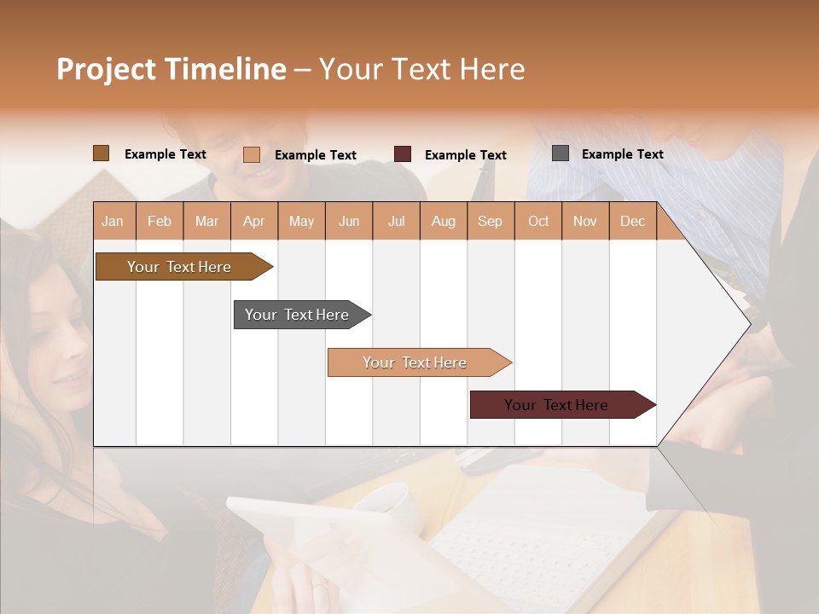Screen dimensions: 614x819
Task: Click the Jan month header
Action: (113, 221)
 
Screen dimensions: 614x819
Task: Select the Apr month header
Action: (253, 221)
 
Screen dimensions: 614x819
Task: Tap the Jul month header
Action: (396, 221)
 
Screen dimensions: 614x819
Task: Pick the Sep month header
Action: (490, 221)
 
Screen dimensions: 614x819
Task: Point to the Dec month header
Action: (632, 221)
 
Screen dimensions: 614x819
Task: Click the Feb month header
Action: (160, 221)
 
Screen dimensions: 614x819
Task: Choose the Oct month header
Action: (538, 221)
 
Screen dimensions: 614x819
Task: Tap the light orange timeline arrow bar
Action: (415, 362)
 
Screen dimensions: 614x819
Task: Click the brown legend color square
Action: (102, 153)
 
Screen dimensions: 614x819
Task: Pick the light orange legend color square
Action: (252, 154)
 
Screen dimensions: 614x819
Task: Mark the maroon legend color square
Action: (403, 154)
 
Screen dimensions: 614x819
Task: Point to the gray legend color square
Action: (561, 153)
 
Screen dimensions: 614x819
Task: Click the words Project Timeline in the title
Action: (171, 69)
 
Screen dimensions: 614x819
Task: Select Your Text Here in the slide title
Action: (422, 69)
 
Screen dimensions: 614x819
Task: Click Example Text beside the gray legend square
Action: (622, 154)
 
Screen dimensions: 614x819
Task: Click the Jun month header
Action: (349, 221)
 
